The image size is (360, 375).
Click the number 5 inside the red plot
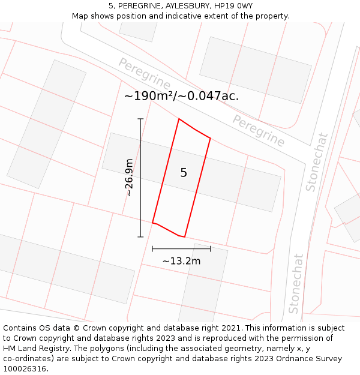184,173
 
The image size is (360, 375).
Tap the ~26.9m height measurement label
130,178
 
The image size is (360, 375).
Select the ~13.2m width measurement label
181,261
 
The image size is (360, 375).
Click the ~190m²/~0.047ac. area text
181,96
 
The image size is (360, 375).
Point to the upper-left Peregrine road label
144,73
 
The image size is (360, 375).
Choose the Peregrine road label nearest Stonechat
259,130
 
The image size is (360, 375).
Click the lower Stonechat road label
296,283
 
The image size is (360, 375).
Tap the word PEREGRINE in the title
137,6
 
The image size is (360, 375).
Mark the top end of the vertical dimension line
140,119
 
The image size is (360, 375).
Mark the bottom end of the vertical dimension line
140,237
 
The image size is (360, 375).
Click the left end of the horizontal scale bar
152,248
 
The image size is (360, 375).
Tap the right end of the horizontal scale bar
211,248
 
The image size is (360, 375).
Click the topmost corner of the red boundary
179,119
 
